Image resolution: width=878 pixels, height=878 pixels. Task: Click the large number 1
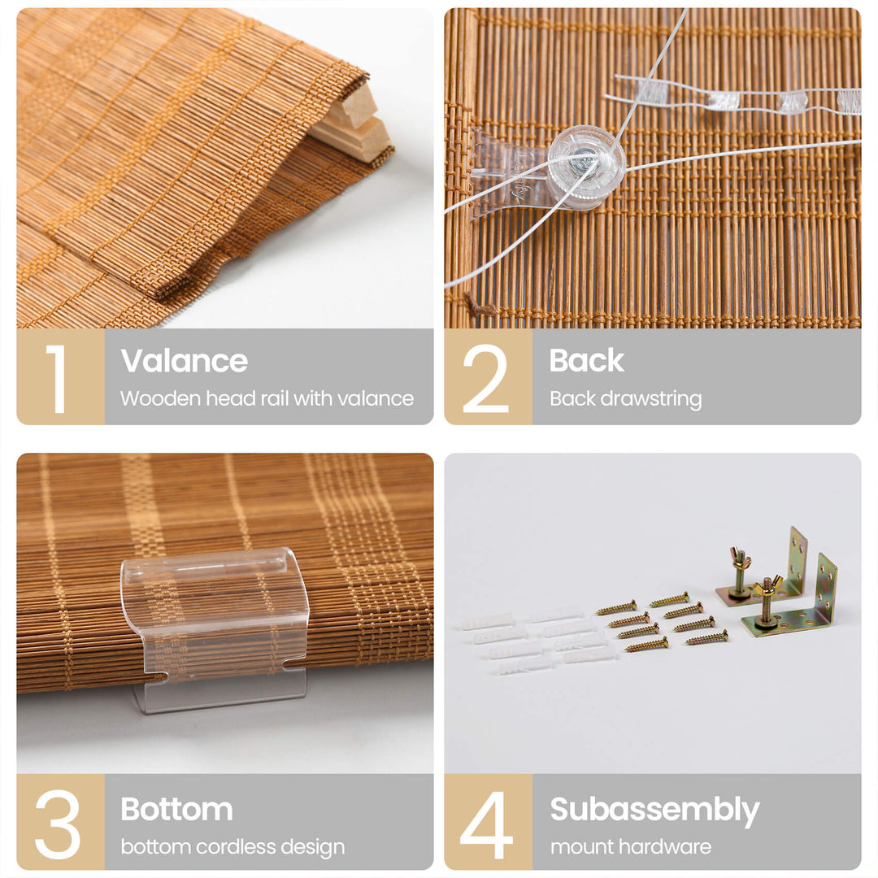(x=58, y=379)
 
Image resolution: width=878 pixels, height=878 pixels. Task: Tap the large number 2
(x=485, y=379)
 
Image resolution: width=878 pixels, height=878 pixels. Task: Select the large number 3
(x=57, y=824)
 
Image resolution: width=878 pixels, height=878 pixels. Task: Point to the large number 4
(x=486, y=825)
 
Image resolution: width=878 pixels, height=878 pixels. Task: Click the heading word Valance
(x=185, y=361)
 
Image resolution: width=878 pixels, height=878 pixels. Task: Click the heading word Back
(x=586, y=360)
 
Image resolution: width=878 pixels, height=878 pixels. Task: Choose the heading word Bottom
(x=176, y=809)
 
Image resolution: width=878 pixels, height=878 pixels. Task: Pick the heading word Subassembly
(x=654, y=811)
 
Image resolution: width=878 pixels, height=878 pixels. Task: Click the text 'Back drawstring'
(x=625, y=398)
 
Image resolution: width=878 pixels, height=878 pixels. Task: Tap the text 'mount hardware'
(x=631, y=846)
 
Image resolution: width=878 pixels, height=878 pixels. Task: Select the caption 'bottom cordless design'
(x=233, y=847)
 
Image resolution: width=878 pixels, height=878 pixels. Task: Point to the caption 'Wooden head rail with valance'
(x=267, y=398)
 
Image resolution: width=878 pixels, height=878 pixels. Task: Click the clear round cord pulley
(x=586, y=167)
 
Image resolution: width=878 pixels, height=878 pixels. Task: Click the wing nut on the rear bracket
(x=739, y=558)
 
